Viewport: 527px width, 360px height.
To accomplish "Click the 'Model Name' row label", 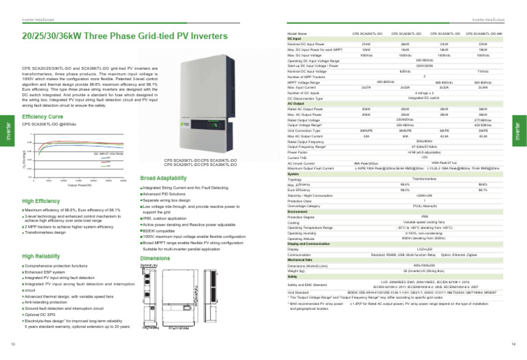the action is pyautogui.click(x=298, y=33).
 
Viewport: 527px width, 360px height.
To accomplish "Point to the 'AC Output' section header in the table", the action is pyautogui.click(x=296, y=103).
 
